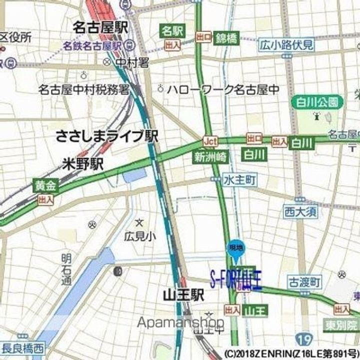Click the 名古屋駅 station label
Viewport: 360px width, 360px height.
[100, 27]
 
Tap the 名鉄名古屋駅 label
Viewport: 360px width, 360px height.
[93, 45]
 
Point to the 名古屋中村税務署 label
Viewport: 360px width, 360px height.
[84, 89]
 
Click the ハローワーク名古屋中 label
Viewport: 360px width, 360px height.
[223, 89]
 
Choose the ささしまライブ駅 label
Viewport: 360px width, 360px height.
[107, 136]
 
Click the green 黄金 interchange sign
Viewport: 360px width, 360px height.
[46, 186]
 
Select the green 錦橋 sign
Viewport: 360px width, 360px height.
[226, 37]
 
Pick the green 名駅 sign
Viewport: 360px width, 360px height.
[172, 31]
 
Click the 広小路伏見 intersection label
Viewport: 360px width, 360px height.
[287, 44]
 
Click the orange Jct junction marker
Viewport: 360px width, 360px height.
[210, 141]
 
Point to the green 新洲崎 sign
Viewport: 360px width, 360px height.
[210, 156]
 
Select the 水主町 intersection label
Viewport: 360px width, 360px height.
[240, 178]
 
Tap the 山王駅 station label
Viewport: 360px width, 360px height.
[183, 295]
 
